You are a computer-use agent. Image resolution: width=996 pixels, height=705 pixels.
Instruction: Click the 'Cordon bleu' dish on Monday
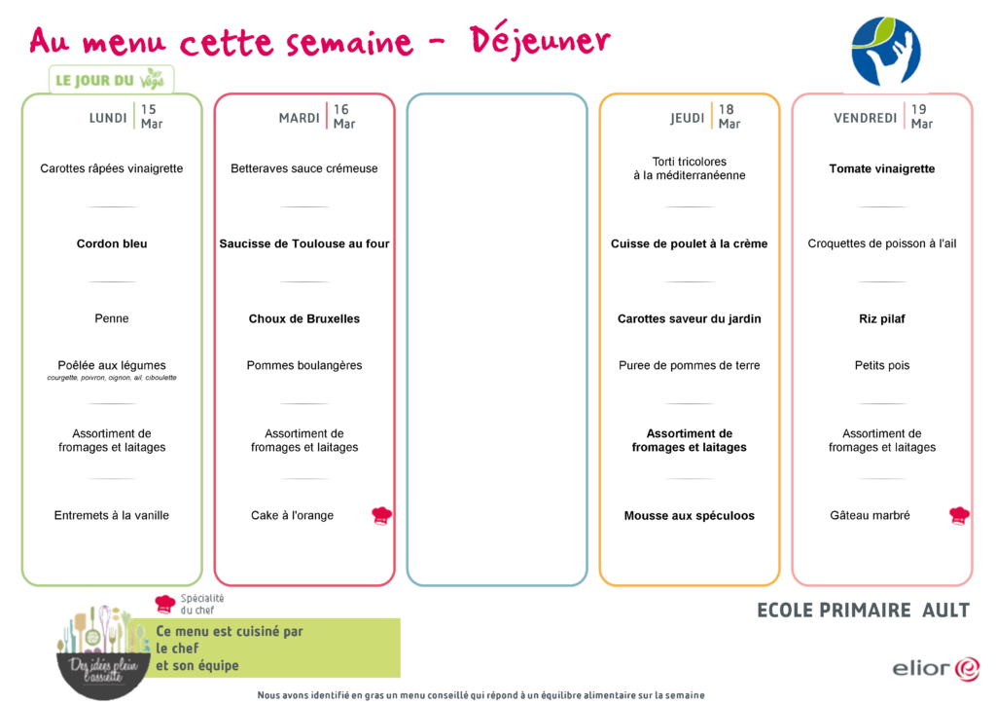pos(112,243)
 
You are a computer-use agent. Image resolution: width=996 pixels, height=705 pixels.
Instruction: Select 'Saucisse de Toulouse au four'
pos(304,243)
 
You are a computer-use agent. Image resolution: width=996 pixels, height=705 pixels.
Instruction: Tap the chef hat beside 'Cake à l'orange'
pos(381,515)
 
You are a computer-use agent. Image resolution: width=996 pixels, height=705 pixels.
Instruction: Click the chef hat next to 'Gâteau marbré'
pos(959,515)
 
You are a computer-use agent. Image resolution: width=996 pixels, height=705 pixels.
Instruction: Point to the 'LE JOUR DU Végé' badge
pos(111,80)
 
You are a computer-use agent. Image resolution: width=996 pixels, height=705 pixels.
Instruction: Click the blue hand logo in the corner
pos(886,52)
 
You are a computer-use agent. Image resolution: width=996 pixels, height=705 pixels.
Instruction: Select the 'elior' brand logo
pos(936,669)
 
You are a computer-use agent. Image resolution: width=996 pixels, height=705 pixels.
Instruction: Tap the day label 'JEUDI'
pos(688,118)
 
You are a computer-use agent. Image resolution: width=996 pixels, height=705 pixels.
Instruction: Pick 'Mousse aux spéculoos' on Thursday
pos(690,515)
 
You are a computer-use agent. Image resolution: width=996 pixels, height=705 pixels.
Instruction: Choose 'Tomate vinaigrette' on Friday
pos(881,168)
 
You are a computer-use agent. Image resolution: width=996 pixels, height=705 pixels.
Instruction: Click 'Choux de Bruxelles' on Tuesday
pos(304,318)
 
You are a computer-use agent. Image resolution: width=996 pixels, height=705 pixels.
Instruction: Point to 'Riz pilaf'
pos(881,318)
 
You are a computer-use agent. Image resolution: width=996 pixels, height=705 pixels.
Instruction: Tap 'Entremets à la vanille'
pos(112,515)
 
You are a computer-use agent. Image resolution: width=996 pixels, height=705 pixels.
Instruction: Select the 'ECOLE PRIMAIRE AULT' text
pos(864,611)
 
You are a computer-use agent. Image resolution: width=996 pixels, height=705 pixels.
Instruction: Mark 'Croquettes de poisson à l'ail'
pos(881,243)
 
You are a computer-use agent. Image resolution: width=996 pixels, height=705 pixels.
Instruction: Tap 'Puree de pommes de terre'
pos(690,365)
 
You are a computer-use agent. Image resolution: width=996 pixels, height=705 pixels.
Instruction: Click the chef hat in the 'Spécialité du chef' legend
pos(165,604)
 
